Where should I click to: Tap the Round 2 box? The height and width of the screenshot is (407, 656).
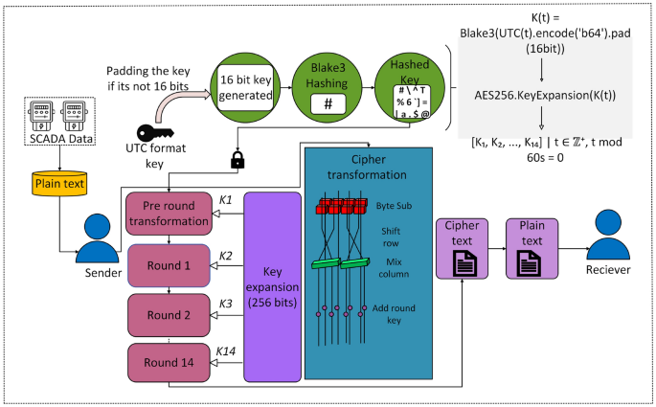coord(169,314)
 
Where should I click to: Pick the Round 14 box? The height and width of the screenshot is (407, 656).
coord(169,362)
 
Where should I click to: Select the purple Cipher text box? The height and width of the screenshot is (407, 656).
coord(463,247)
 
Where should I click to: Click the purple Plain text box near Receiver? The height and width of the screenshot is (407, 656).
coord(532,247)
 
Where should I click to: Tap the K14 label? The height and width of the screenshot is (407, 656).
coord(225,350)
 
